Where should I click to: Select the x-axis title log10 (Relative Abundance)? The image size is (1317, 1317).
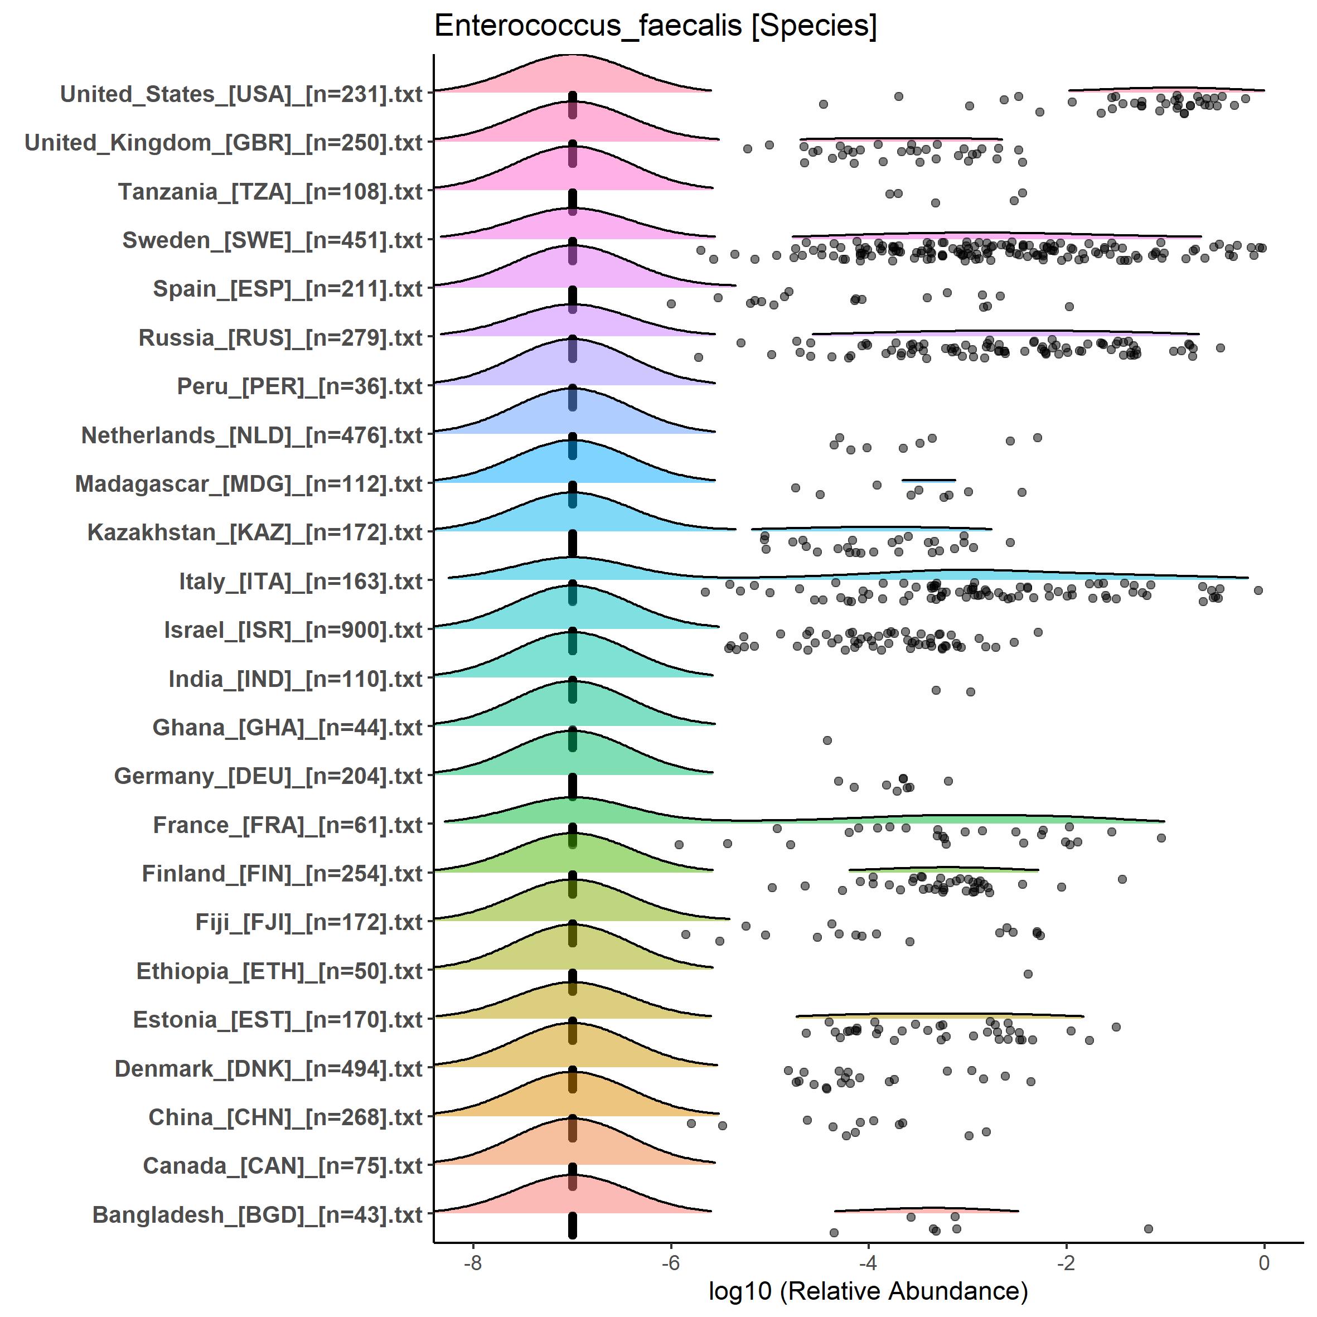(x=868, y=1290)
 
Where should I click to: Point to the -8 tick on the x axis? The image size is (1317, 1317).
(x=472, y=1262)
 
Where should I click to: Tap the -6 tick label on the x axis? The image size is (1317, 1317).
(x=670, y=1262)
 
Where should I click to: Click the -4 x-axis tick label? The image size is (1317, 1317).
(x=868, y=1262)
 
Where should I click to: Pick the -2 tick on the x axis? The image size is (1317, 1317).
(x=1066, y=1262)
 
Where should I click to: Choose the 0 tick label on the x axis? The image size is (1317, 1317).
(x=1264, y=1262)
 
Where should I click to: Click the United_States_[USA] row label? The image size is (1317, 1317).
(x=241, y=94)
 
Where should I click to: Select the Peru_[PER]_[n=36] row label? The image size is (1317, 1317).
(x=300, y=386)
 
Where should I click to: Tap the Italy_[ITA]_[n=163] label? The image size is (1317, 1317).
(x=301, y=582)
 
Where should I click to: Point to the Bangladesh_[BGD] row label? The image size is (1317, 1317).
(x=258, y=1215)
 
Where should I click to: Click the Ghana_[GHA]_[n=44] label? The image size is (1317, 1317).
(x=288, y=727)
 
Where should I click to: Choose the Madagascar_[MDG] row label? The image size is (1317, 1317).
(x=249, y=484)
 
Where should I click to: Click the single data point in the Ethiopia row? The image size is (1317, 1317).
(x=1028, y=974)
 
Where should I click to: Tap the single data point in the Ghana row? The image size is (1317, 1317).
(x=827, y=740)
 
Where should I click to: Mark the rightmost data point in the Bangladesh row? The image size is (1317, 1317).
(x=1148, y=1228)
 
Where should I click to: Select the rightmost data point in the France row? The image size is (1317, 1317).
(x=1161, y=838)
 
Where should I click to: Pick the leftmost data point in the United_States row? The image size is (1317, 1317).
(x=824, y=104)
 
